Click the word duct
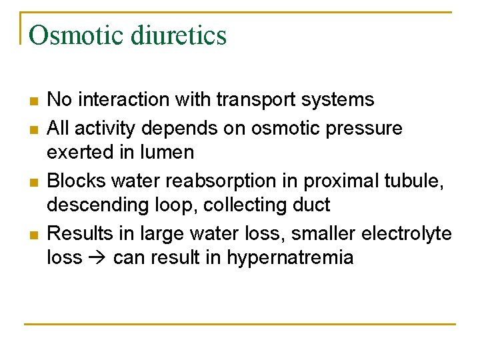coord(311,205)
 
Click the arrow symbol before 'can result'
coord(97,259)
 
